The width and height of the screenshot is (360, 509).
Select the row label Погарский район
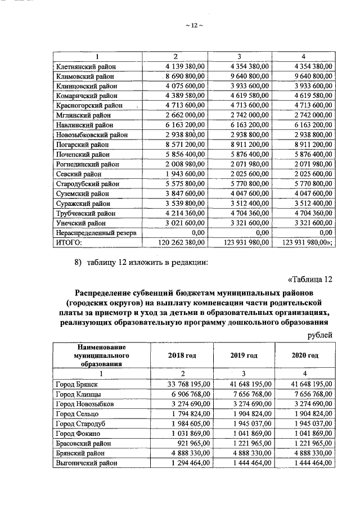[x=82, y=145]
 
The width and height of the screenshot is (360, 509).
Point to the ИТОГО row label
[x=69, y=242]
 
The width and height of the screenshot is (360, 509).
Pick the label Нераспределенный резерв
[x=97, y=232]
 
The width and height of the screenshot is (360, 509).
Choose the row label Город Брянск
[x=77, y=384]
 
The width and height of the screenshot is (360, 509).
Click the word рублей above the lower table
[x=319, y=335]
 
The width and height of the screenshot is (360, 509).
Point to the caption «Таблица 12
[x=309, y=280]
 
